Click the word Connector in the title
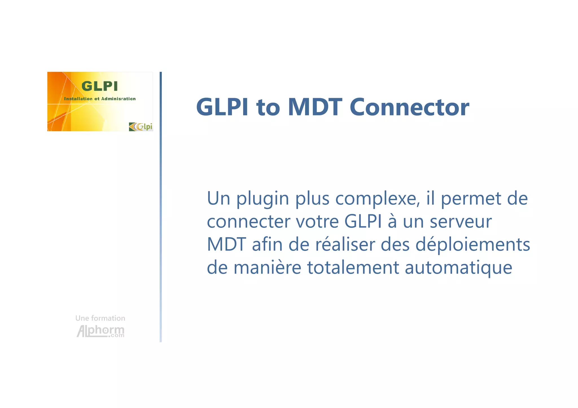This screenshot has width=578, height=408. [x=409, y=107]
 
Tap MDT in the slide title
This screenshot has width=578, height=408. [x=315, y=107]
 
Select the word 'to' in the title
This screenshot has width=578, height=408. [x=268, y=108]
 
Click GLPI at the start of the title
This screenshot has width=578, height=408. [x=222, y=107]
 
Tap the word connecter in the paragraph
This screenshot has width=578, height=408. [x=248, y=222]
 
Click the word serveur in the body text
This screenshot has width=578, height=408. [x=461, y=222]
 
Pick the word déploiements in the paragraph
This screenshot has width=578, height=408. [x=473, y=245]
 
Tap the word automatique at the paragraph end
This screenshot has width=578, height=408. [x=458, y=268]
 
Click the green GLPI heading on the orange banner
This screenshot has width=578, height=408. [x=99, y=86]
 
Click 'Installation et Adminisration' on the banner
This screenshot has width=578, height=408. [x=100, y=99]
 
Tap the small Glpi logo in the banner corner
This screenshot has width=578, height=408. [x=141, y=127]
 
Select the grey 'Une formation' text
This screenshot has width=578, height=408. [x=100, y=318]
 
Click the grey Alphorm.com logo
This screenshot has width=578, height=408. [x=100, y=331]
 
